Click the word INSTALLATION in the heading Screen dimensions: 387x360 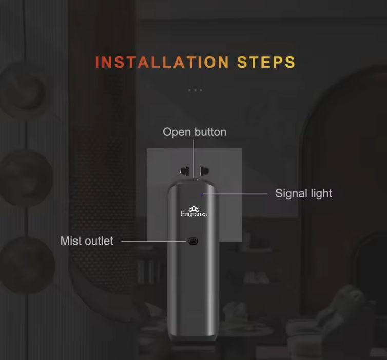point(162,62)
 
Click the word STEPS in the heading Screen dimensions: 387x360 point(266,62)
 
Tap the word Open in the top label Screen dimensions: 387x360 point(173,132)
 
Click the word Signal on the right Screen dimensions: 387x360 point(291,194)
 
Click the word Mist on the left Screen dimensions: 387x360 point(70,241)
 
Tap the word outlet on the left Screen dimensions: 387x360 point(98,241)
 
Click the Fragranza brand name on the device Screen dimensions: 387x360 point(193,214)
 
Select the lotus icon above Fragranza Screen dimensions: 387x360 point(193,209)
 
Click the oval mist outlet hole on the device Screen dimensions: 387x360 point(193,241)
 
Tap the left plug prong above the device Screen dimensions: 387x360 point(185,171)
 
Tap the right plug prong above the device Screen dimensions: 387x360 point(204,171)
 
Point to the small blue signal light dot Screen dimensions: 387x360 point(201,194)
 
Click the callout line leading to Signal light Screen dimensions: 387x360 point(235,194)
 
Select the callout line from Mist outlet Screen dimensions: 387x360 point(153,241)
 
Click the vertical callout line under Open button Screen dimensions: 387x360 point(193,159)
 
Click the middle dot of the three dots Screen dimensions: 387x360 point(195,90)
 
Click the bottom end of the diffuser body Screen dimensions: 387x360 point(192,339)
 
